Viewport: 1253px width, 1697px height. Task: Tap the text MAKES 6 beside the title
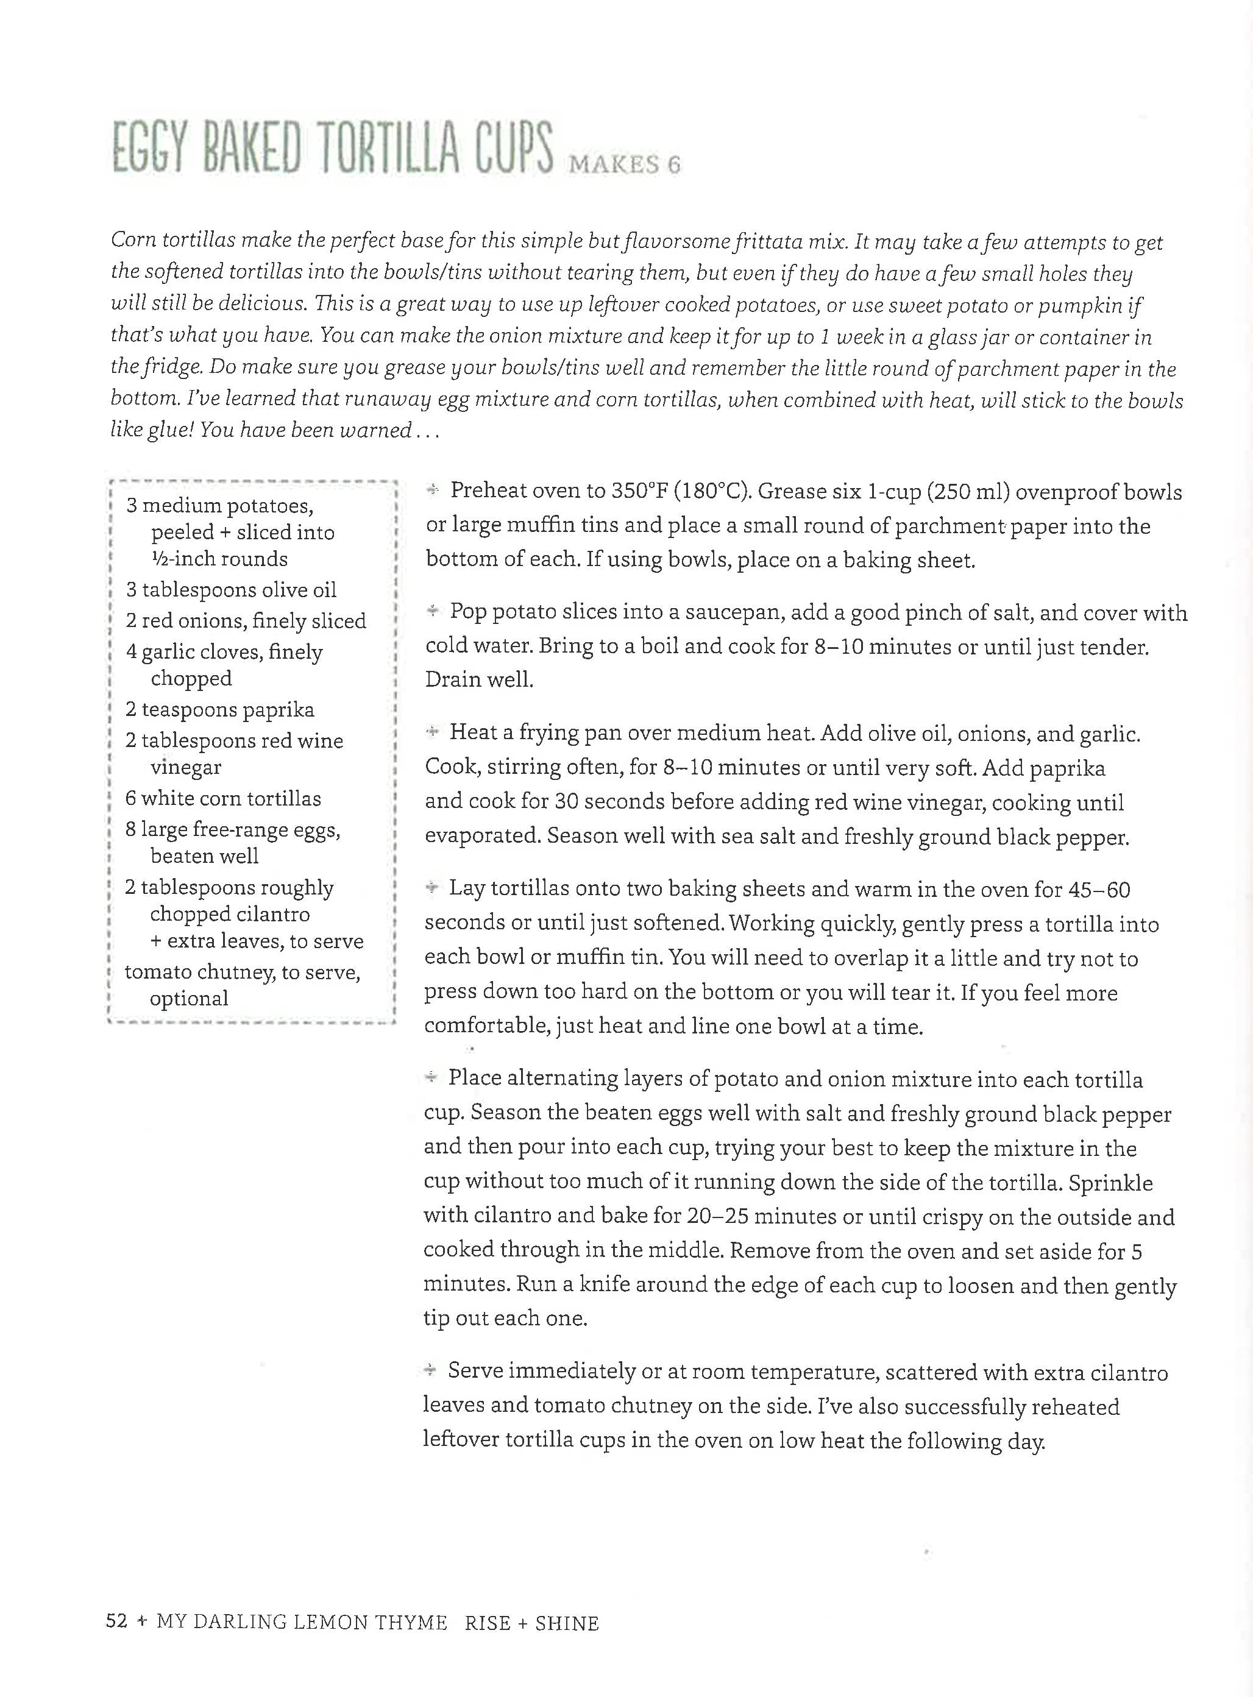click(624, 165)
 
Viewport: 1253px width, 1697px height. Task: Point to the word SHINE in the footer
click(567, 1623)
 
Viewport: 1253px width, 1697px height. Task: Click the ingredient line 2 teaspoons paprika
click(220, 709)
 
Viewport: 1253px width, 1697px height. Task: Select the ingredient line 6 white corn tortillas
click(223, 798)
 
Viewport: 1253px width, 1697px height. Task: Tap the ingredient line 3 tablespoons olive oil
click(230, 589)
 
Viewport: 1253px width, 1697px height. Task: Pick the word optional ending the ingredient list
click(189, 998)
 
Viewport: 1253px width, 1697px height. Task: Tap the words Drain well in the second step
click(480, 679)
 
